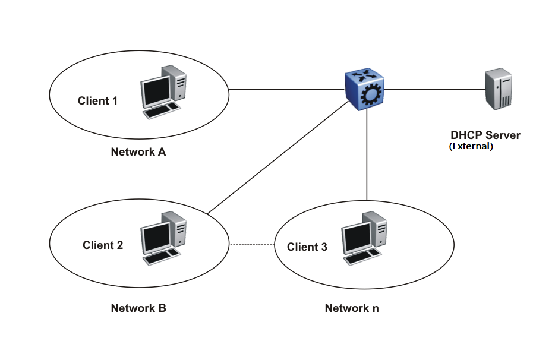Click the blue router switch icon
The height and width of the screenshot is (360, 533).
point(365,90)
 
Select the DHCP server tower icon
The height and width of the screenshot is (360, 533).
point(497,89)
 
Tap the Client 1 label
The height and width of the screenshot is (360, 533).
point(97,100)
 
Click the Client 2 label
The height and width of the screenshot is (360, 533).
point(103,245)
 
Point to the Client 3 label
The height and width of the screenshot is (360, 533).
point(307,247)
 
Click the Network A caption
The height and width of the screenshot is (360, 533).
point(138,151)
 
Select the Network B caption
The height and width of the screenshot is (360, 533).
point(138,308)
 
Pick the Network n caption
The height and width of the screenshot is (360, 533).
point(351,308)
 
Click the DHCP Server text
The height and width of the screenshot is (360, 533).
point(485,135)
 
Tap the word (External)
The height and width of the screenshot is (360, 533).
point(471,146)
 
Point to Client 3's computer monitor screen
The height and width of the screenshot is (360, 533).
point(355,238)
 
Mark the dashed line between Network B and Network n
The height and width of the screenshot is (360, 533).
point(252,245)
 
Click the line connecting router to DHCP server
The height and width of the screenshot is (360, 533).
point(434,90)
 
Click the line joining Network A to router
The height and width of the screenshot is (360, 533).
point(285,90)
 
